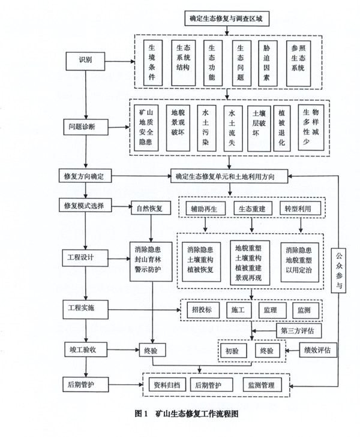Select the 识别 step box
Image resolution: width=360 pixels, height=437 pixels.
[x=85, y=61]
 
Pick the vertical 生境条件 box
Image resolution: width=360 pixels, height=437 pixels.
[x=152, y=61]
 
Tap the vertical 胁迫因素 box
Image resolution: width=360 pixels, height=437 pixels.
[x=266, y=61]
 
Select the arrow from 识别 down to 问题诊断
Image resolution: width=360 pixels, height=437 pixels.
[x=85, y=93]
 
